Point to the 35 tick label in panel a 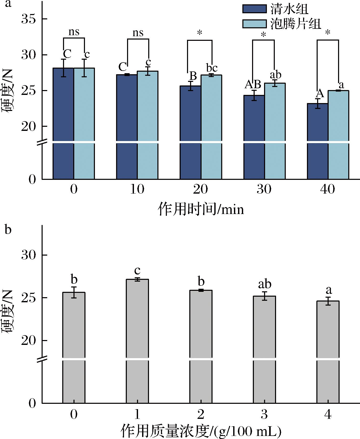pos(28,19)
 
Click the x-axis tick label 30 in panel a pos(264,190)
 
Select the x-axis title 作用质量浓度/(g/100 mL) pos(201,431)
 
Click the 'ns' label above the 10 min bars pos(138,33)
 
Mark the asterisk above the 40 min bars pos(328,33)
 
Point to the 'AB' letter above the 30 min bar pos(253,84)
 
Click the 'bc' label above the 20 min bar pos(212,68)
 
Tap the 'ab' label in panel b pos(265,284)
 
